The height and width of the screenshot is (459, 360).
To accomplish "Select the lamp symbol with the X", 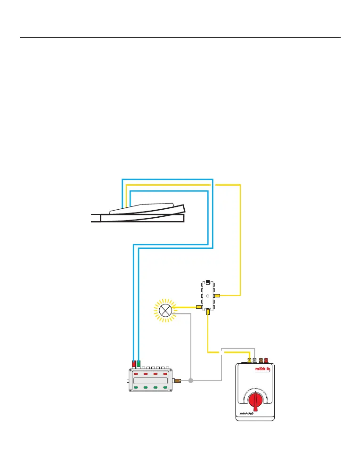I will (x=165, y=310).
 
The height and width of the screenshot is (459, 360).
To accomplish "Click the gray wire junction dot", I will (x=191, y=380).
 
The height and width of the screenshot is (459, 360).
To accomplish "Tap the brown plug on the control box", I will (x=178, y=380).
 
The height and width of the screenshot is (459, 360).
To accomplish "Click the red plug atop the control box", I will (x=134, y=364).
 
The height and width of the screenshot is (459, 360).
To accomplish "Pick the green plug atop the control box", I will (x=139, y=364).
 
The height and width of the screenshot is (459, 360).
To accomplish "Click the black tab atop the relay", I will (x=208, y=283).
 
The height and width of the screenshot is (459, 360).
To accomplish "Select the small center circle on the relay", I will (x=208, y=295).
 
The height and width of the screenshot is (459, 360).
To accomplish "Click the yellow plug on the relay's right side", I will (x=217, y=295).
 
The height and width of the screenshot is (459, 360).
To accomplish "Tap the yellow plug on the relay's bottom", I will (x=208, y=311).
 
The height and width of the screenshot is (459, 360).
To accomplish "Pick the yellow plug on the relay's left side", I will (x=199, y=307).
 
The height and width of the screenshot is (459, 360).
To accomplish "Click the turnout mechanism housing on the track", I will (x=141, y=209).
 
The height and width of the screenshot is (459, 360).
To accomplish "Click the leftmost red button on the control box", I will (x=136, y=374).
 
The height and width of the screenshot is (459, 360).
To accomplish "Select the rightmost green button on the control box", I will (x=165, y=387).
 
